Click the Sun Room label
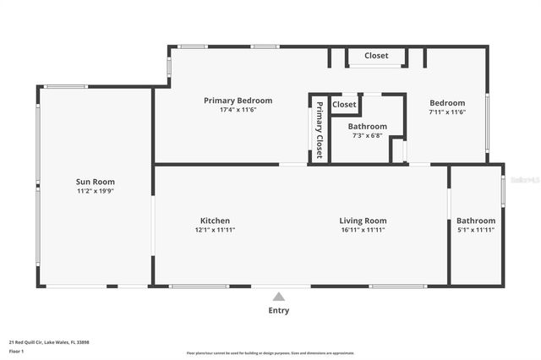coord(95,182)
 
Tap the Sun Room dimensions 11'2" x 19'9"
coord(95,191)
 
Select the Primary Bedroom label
coord(237,101)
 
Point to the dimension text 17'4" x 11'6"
coord(237,110)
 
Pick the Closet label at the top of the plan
coord(376,56)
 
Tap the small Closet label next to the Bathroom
coord(344,105)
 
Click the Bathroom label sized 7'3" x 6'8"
coord(367,126)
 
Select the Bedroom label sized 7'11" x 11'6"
coord(447,102)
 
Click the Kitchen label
coord(215,221)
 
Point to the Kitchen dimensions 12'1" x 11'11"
coord(215,230)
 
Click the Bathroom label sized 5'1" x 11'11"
coord(476,221)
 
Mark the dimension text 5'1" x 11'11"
coord(476,230)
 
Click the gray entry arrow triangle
coord(278,296)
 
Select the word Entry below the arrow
coord(278,310)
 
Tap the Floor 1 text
coord(15,351)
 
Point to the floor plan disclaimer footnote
coord(270,353)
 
